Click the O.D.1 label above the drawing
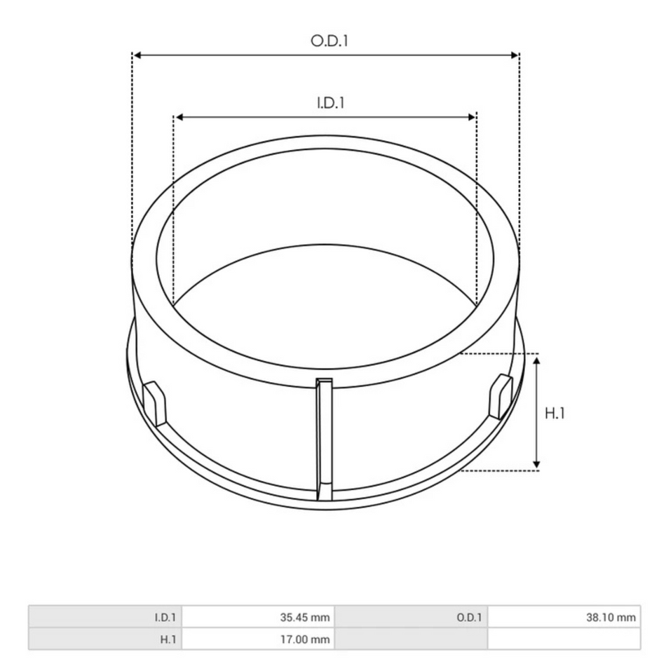pyautogui.click(x=329, y=41)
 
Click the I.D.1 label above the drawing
pyautogui.click(x=329, y=103)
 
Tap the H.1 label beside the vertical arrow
pyautogui.click(x=555, y=414)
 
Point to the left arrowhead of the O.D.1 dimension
pyautogui.click(x=137, y=55)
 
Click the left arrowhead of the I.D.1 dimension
pyautogui.click(x=179, y=116)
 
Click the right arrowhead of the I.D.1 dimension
pyautogui.click(x=472, y=116)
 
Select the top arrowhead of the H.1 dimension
pyautogui.click(x=537, y=360)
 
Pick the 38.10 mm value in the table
pyautogui.click(x=611, y=618)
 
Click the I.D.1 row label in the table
pyautogui.click(x=165, y=618)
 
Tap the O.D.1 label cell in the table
pyautogui.click(x=469, y=618)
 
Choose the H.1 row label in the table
pyautogui.click(x=168, y=639)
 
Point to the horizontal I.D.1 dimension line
pyautogui.click(x=280, y=116)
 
